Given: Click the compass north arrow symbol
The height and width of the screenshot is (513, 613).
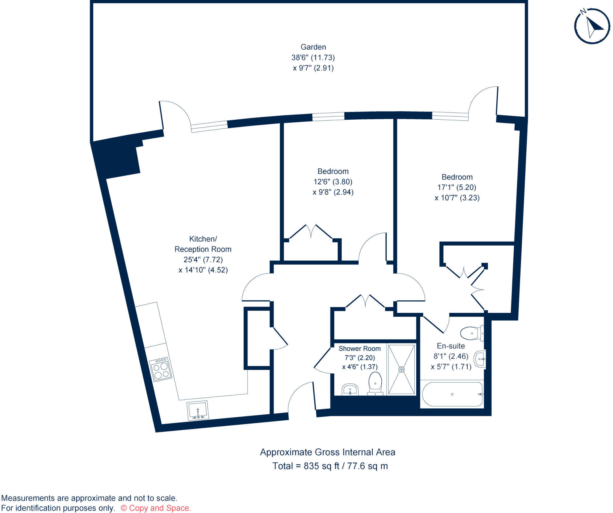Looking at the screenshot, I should tap(592, 26).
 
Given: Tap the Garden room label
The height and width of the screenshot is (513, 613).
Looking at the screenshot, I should tap(313, 47).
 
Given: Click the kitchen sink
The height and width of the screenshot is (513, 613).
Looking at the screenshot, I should tap(198, 410).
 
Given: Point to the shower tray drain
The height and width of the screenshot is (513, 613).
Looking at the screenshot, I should tap(401, 369).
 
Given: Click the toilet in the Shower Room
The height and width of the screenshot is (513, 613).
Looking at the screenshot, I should tap(375, 384).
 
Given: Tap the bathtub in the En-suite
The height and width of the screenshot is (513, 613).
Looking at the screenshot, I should tap(452, 394).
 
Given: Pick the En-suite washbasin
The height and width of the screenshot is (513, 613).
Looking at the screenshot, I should tap(480, 359).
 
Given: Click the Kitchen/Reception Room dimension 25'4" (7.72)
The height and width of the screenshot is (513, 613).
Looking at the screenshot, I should tap(203, 260).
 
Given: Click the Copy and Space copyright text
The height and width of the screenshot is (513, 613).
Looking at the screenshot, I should tap(156, 508).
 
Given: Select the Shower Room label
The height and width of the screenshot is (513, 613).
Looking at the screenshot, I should tap(359, 348).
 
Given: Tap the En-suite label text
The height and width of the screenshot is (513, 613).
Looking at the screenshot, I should tap(451, 346).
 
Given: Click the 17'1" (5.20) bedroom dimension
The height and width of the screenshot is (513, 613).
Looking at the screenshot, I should tap(457, 188).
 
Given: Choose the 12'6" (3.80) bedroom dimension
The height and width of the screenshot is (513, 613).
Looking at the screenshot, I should tap(333, 182).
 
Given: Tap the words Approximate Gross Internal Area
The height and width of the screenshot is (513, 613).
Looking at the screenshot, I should tap(327, 452).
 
